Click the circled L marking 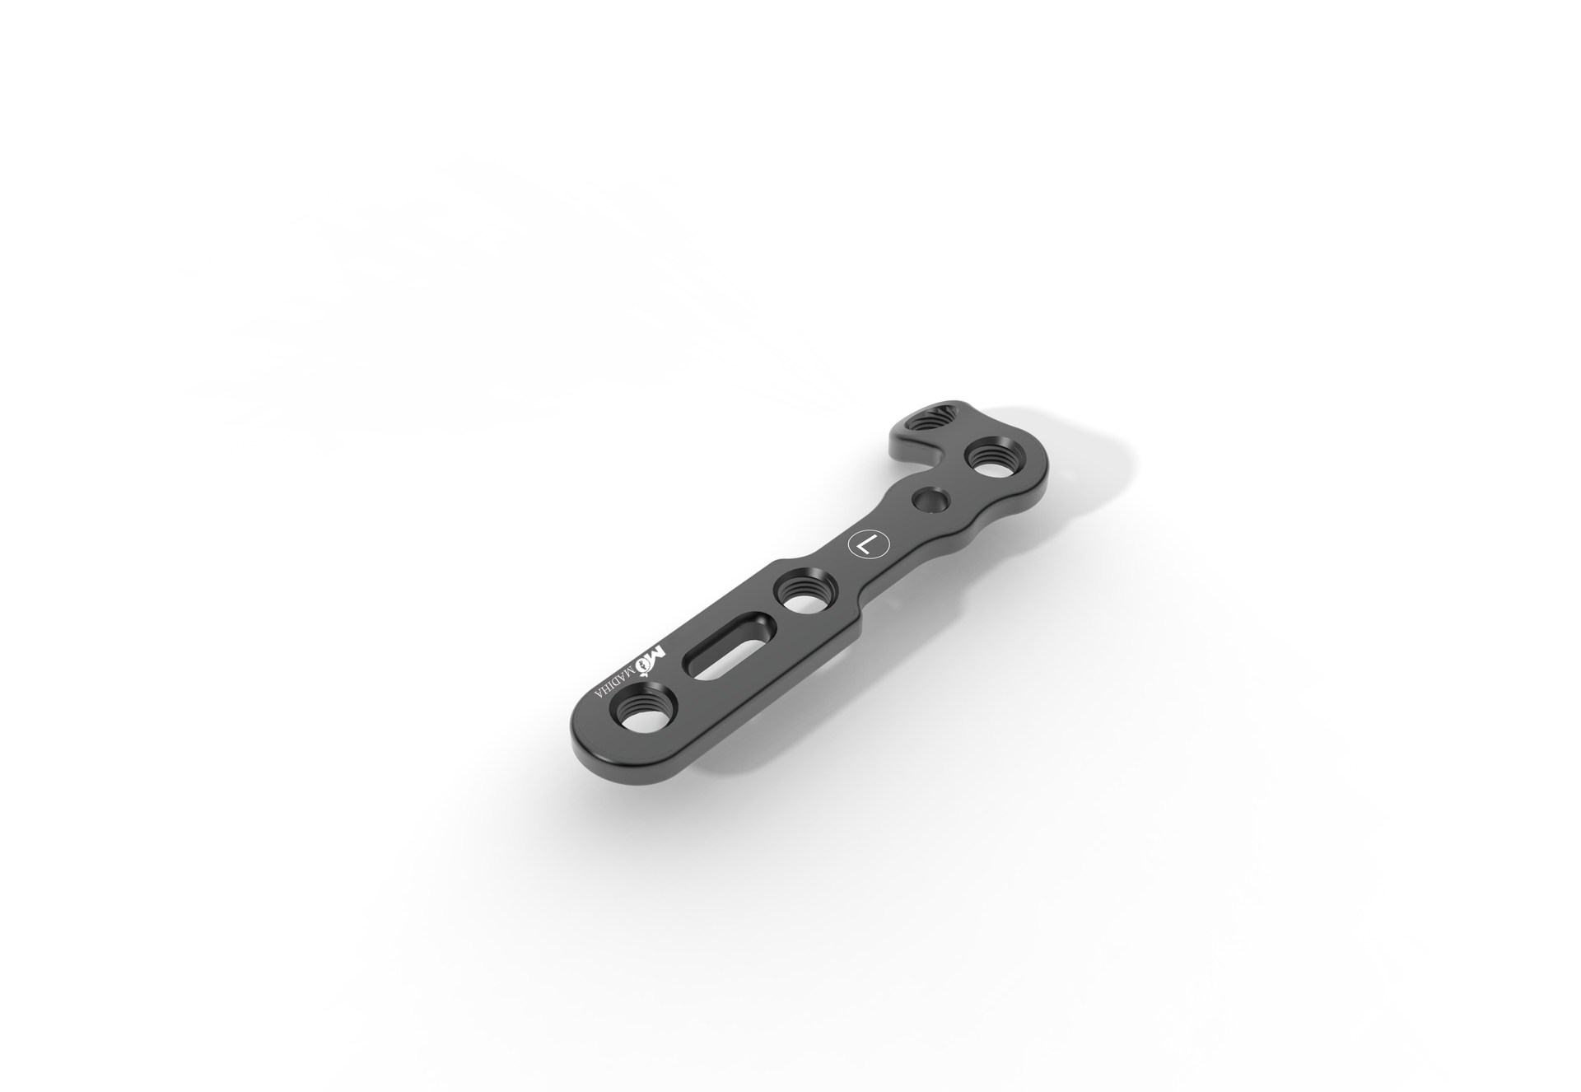click(x=868, y=545)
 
